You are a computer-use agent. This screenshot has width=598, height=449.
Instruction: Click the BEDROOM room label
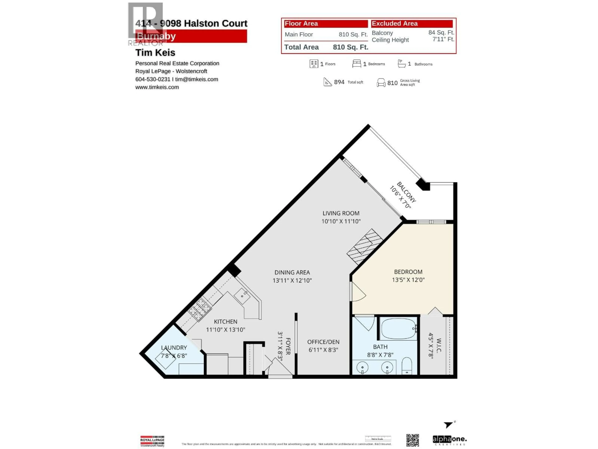(408, 272)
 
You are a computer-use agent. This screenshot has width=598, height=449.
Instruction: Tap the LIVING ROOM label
(341, 213)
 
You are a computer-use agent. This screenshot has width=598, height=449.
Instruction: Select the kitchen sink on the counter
(242, 296)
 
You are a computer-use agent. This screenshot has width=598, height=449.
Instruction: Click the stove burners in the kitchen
(200, 309)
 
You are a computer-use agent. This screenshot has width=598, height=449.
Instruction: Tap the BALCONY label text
(406, 192)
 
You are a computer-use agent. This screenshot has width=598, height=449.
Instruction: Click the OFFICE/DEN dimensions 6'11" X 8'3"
(323, 350)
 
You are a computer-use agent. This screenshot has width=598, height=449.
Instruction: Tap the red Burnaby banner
(191, 36)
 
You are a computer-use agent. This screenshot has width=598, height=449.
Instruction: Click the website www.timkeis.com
(157, 87)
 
